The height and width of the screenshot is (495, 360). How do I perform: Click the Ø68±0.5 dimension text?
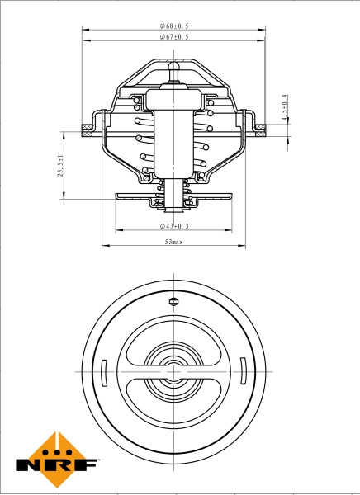[x=174, y=26]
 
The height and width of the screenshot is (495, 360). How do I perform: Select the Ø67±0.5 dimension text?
[x=174, y=37]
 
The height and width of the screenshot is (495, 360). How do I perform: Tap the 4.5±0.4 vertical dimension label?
[x=285, y=108]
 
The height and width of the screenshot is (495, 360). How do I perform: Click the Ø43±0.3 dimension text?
[x=174, y=225]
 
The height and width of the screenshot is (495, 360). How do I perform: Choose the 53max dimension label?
[x=174, y=242]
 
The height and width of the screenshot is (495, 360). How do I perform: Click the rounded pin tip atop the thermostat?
[x=174, y=65]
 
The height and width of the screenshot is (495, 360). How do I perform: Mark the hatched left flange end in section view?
[x=87, y=127]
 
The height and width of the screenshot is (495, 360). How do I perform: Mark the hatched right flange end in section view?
[x=262, y=127]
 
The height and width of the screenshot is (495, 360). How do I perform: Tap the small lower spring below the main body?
[x=174, y=195]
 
